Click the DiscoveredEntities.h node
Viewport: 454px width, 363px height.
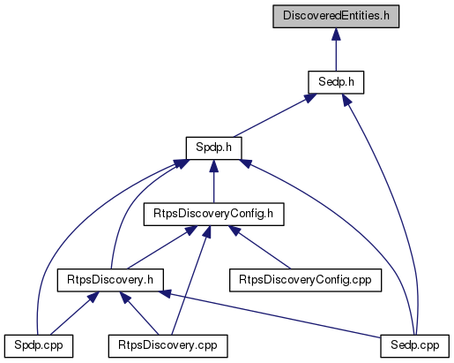pyautogui.click(x=336, y=16)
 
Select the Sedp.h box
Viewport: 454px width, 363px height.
pyautogui.click(x=336, y=82)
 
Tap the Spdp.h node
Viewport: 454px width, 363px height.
pyautogui.click(x=213, y=148)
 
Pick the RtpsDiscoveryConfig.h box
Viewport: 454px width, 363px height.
pyautogui.click(x=213, y=215)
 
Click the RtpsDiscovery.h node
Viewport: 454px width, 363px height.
pyautogui.click(x=110, y=280)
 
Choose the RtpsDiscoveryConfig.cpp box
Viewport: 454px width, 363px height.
pyautogui.click(x=305, y=280)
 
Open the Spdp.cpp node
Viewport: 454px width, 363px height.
pyautogui.click(x=39, y=346)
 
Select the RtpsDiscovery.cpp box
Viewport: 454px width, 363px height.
pyautogui.click(x=167, y=346)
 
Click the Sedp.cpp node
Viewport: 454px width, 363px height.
pyautogui.click(x=414, y=346)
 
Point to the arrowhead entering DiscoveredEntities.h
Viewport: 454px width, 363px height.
pyautogui.click(x=336, y=34)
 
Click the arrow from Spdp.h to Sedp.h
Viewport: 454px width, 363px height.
pyautogui.click(x=275, y=116)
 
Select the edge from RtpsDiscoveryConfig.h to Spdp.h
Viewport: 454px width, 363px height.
pyautogui.click(x=213, y=181)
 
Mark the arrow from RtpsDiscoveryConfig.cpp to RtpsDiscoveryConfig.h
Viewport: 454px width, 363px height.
pyautogui.click(x=259, y=247)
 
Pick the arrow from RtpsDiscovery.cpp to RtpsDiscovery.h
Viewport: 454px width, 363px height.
pyautogui.click(x=139, y=314)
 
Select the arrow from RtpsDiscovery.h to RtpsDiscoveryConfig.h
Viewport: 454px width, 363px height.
pyautogui.click(x=162, y=247)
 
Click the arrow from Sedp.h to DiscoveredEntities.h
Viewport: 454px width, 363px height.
pyautogui.click(x=336, y=49)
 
